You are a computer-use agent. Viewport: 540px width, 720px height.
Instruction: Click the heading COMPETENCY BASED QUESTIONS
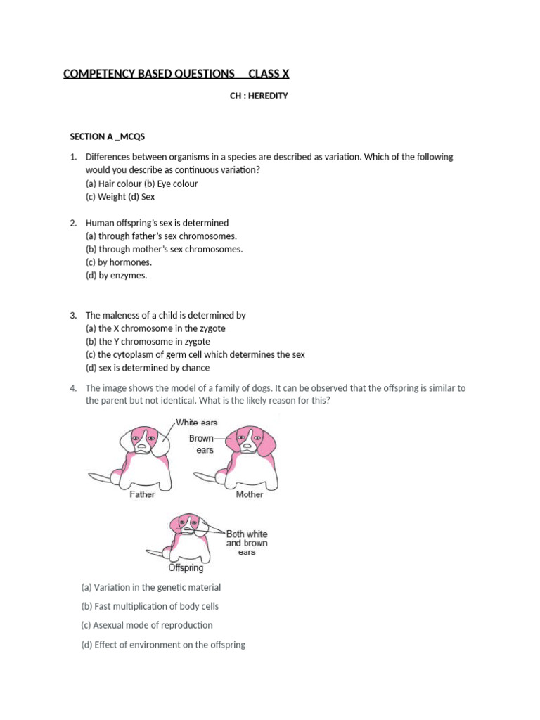(x=149, y=74)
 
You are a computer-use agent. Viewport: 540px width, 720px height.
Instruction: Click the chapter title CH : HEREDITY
(x=259, y=96)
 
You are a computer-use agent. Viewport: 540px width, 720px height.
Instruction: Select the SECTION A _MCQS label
(x=107, y=136)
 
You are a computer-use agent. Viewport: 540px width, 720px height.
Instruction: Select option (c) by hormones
(x=119, y=262)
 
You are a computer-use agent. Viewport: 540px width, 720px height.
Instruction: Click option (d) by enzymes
(x=117, y=276)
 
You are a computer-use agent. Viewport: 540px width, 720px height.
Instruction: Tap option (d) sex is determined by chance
(x=148, y=368)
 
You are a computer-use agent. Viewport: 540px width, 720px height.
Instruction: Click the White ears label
(x=196, y=423)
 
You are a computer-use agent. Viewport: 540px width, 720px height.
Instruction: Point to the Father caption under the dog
(x=143, y=495)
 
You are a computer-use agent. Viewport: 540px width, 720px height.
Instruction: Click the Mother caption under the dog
(x=250, y=495)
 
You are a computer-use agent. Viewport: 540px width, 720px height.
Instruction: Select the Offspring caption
(x=186, y=567)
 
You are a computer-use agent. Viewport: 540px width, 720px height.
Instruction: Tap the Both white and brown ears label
(x=246, y=543)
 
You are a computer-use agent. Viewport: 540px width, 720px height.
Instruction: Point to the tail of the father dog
(x=101, y=479)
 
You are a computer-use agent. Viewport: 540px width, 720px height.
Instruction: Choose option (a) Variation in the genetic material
(x=151, y=587)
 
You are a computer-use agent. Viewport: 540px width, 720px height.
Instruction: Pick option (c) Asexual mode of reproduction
(x=147, y=625)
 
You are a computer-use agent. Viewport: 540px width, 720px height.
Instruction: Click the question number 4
(x=72, y=388)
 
